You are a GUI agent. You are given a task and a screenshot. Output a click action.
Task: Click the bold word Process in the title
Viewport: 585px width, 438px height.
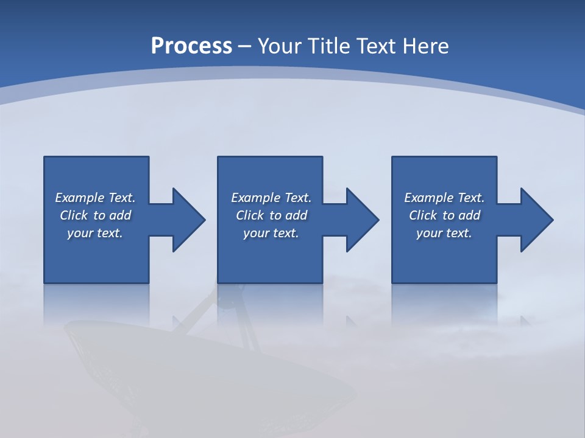click(x=191, y=46)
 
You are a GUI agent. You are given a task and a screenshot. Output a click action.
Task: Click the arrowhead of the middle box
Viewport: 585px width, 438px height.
click(x=362, y=220)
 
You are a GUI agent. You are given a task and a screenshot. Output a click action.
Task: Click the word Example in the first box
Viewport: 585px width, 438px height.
click(x=80, y=198)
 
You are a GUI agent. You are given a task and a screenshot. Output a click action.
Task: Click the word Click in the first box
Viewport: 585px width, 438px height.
click(x=74, y=215)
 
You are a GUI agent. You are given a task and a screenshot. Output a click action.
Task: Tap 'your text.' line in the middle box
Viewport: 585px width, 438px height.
click(x=271, y=233)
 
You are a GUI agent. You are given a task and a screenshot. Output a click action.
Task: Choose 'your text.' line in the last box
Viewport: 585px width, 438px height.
click(x=444, y=233)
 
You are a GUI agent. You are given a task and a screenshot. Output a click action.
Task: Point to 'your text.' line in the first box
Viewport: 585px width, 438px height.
click(x=94, y=233)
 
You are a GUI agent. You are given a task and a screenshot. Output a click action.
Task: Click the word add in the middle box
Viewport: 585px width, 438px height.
click(x=296, y=215)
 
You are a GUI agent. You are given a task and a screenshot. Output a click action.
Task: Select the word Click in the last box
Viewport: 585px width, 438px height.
click(x=424, y=215)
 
